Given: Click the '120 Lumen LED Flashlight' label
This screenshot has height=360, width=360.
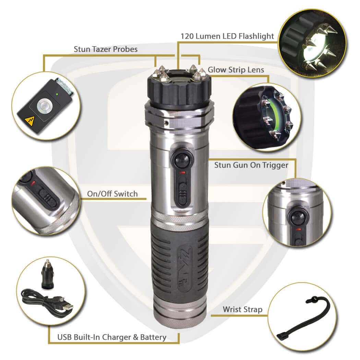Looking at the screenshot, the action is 227,36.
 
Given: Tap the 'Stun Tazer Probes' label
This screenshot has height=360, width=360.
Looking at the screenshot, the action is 106,49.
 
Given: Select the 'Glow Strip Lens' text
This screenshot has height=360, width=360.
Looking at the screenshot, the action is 236,70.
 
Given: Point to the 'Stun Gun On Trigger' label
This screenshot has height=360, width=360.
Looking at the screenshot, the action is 251,165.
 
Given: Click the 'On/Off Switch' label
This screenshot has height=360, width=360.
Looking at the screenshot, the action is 112,194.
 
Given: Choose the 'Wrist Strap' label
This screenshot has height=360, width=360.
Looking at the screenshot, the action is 242,310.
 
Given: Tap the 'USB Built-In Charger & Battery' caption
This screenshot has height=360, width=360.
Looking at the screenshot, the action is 112,337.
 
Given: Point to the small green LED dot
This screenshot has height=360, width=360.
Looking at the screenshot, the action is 57,94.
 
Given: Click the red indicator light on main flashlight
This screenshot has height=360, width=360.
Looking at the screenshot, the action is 183,172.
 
